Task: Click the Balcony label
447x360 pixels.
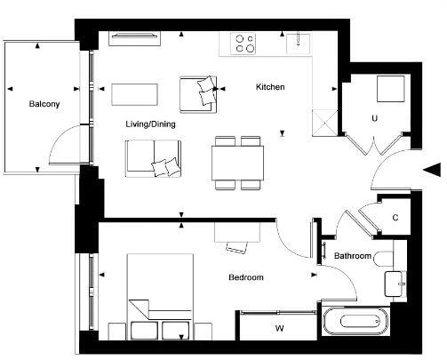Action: click(x=44, y=104)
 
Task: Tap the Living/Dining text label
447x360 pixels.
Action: click(x=150, y=124)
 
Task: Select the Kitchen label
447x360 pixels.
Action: click(x=270, y=87)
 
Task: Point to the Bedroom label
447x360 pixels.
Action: click(x=245, y=278)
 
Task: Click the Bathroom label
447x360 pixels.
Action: click(x=352, y=257)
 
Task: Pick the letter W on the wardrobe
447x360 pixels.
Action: click(x=279, y=329)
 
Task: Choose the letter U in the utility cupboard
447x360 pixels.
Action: click(x=375, y=117)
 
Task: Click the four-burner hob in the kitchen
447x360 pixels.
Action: click(x=243, y=43)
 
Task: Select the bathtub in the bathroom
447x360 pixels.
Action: click(x=356, y=323)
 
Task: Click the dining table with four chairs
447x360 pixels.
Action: click(x=237, y=163)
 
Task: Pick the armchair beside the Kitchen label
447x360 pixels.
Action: click(x=198, y=93)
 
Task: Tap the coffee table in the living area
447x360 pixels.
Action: click(x=134, y=93)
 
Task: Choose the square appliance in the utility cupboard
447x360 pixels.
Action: click(x=389, y=90)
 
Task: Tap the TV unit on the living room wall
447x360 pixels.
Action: click(x=135, y=37)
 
